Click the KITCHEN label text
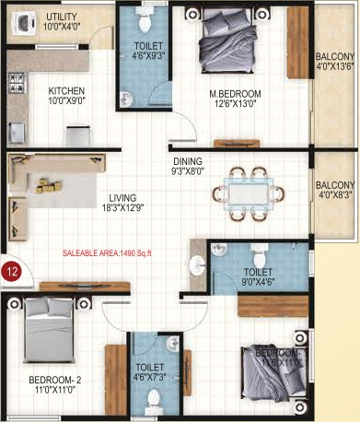tap(67, 91)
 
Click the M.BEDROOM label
tap(235, 94)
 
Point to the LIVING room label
tap(122, 197)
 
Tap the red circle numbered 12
tap(12, 271)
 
